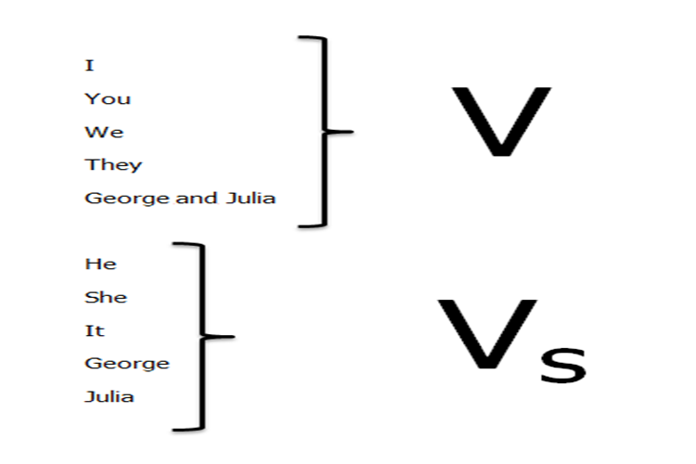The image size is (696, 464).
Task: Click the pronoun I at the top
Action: [x=89, y=65]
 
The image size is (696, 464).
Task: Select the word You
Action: [x=108, y=98]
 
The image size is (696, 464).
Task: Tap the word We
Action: [x=104, y=132]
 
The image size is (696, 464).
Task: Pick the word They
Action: [x=113, y=165]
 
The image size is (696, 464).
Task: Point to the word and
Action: [x=196, y=198]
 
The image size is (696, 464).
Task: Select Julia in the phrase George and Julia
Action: [x=251, y=198]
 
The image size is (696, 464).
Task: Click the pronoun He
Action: [x=100, y=264]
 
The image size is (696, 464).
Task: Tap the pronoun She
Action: [x=106, y=297]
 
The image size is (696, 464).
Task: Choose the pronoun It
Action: [x=94, y=330]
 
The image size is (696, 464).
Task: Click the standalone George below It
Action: [x=127, y=364]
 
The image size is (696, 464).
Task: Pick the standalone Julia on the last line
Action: [x=110, y=396]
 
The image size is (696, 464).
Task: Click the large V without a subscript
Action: [x=501, y=122]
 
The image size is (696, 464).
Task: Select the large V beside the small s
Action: [x=487, y=334]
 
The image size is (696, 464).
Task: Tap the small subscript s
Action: [x=563, y=365]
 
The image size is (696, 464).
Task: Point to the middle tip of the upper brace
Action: [x=352, y=132]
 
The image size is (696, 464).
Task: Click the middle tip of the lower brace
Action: [x=233, y=337]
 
